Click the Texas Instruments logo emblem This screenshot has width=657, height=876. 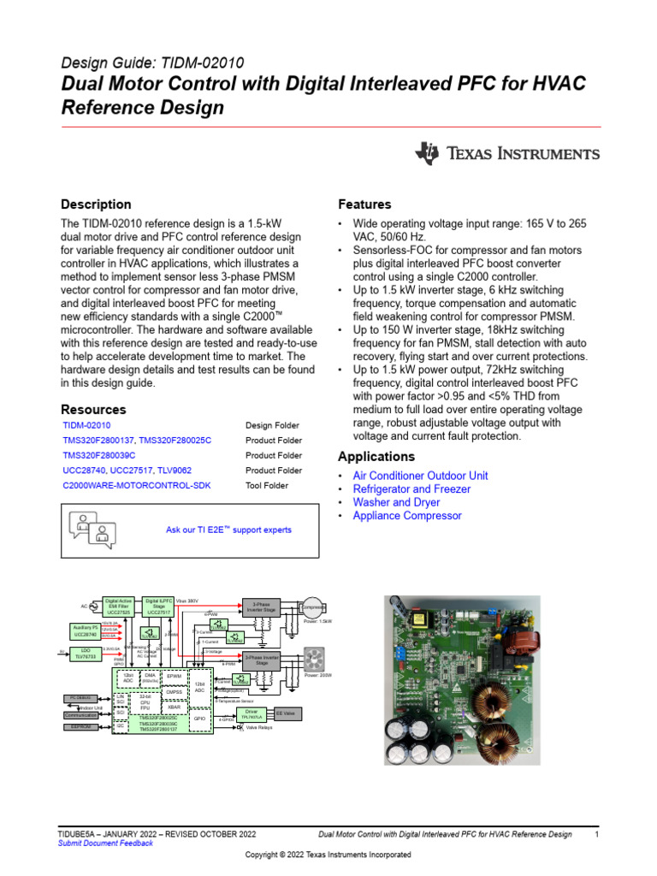[x=427, y=154]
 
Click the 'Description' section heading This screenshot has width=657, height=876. [x=96, y=204]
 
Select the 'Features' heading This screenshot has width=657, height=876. [x=364, y=204]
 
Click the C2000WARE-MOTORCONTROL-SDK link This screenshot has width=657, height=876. [x=137, y=486]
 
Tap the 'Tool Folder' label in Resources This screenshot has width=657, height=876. [x=268, y=486]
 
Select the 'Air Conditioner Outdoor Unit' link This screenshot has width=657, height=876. [x=420, y=475]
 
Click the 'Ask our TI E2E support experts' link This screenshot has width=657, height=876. [x=228, y=530]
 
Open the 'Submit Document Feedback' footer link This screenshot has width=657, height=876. [x=105, y=843]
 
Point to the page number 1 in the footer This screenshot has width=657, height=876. [x=596, y=833]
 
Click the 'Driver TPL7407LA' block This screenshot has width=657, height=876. [x=251, y=713]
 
